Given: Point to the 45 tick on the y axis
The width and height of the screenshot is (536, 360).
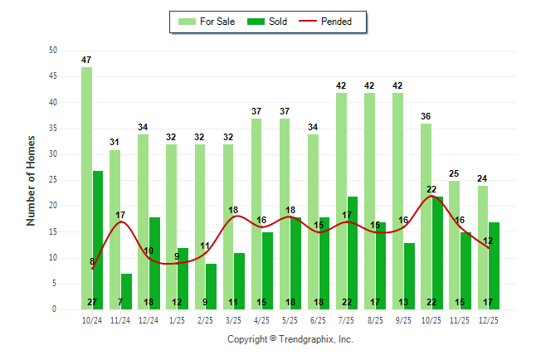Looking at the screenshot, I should coord(53,76).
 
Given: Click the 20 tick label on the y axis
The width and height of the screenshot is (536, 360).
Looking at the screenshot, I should coord(53,206).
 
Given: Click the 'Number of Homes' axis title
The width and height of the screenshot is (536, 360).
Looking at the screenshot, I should coord(31,180).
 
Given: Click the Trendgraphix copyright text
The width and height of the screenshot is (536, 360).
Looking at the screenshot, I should coord(290,339).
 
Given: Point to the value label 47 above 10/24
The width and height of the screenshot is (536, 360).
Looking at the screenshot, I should coord(86,61).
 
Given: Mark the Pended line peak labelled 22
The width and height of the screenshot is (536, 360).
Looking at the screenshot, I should coord(431,190).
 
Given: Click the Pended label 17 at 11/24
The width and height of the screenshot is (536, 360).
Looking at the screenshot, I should coord(121,215).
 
